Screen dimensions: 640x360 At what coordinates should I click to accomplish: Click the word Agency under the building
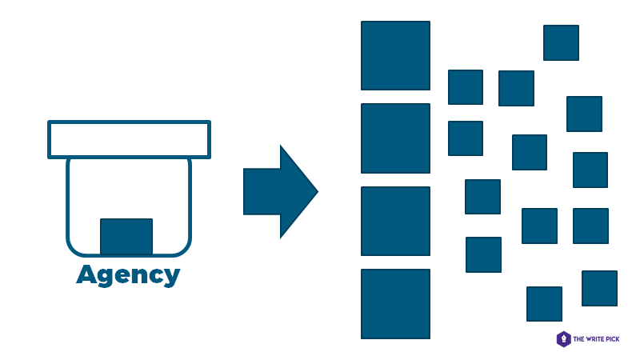(128, 275)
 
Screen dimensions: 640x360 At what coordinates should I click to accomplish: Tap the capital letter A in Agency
(86, 274)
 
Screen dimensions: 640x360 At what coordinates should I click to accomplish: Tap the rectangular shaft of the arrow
(262, 192)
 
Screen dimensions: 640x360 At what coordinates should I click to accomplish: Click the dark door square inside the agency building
(126, 236)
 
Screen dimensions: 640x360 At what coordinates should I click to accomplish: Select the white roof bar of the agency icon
(129, 139)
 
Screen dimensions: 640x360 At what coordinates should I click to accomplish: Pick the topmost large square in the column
(395, 56)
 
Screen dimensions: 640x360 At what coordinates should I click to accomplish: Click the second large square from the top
(395, 138)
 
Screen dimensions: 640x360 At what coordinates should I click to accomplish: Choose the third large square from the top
(395, 221)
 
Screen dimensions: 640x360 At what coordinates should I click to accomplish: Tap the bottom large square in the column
(395, 303)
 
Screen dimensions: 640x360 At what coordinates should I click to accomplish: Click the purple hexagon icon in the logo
(564, 339)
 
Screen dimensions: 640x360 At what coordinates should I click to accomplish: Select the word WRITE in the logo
(597, 339)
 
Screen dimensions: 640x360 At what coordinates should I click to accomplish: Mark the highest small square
(561, 42)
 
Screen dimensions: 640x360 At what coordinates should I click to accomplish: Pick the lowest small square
(544, 304)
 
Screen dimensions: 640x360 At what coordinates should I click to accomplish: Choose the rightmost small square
(599, 288)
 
